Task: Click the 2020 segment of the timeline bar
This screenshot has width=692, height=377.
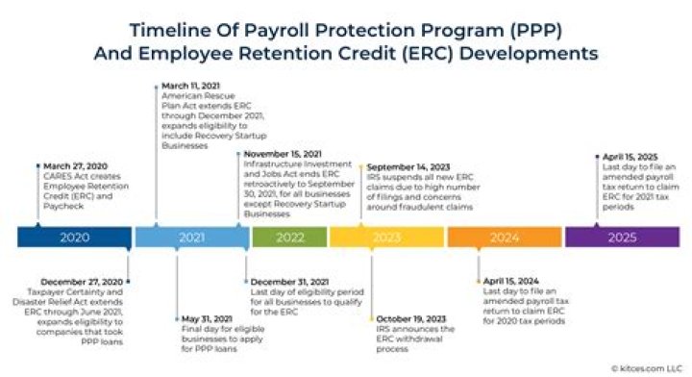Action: [x=75, y=237]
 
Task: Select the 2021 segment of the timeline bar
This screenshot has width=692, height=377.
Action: [x=190, y=237]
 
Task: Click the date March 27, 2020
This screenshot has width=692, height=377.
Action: [x=70, y=166]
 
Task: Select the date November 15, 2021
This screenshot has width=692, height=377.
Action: [x=282, y=154]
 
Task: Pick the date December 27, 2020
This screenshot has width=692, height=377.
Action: [x=83, y=282]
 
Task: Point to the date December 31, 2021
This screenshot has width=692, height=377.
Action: [x=285, y=282]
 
